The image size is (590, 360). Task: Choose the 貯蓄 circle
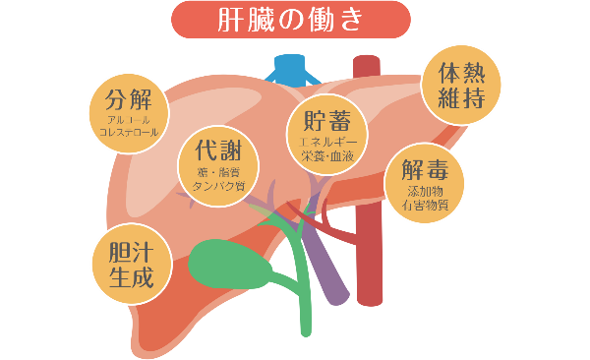(x=326, y=134)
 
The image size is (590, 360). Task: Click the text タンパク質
(x=219, y=185)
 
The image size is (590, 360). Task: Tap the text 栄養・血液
(x=326, y=155)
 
